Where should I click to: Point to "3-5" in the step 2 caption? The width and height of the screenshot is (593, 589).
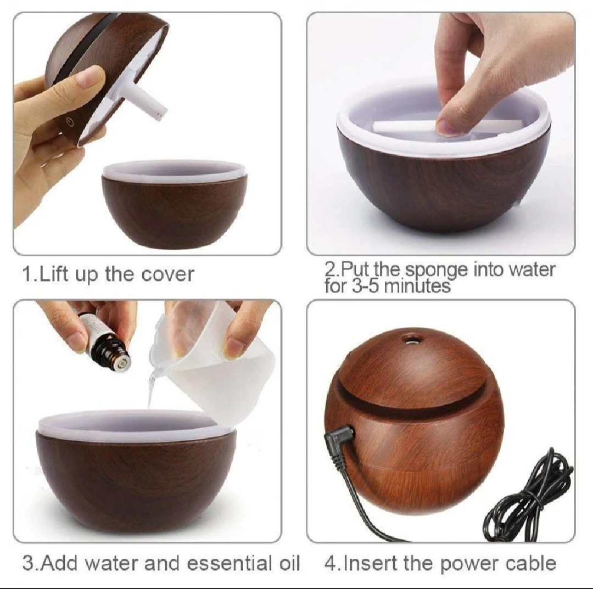363,286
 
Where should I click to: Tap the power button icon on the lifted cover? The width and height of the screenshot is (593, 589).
69,121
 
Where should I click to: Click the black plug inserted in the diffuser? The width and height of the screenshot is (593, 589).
340,440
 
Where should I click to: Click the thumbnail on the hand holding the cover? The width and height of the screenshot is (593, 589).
91,77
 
